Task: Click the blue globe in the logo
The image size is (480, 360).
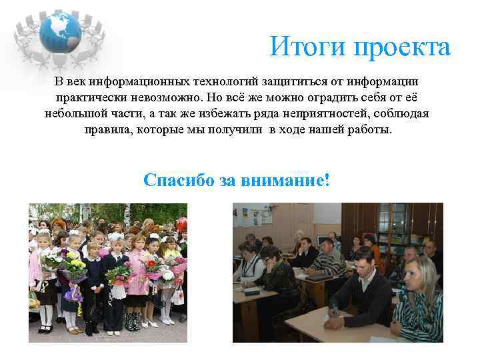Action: pyautogui.click(x=59, y=30)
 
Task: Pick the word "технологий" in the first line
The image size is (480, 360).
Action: pyautogui.click(x=225, y=81)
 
